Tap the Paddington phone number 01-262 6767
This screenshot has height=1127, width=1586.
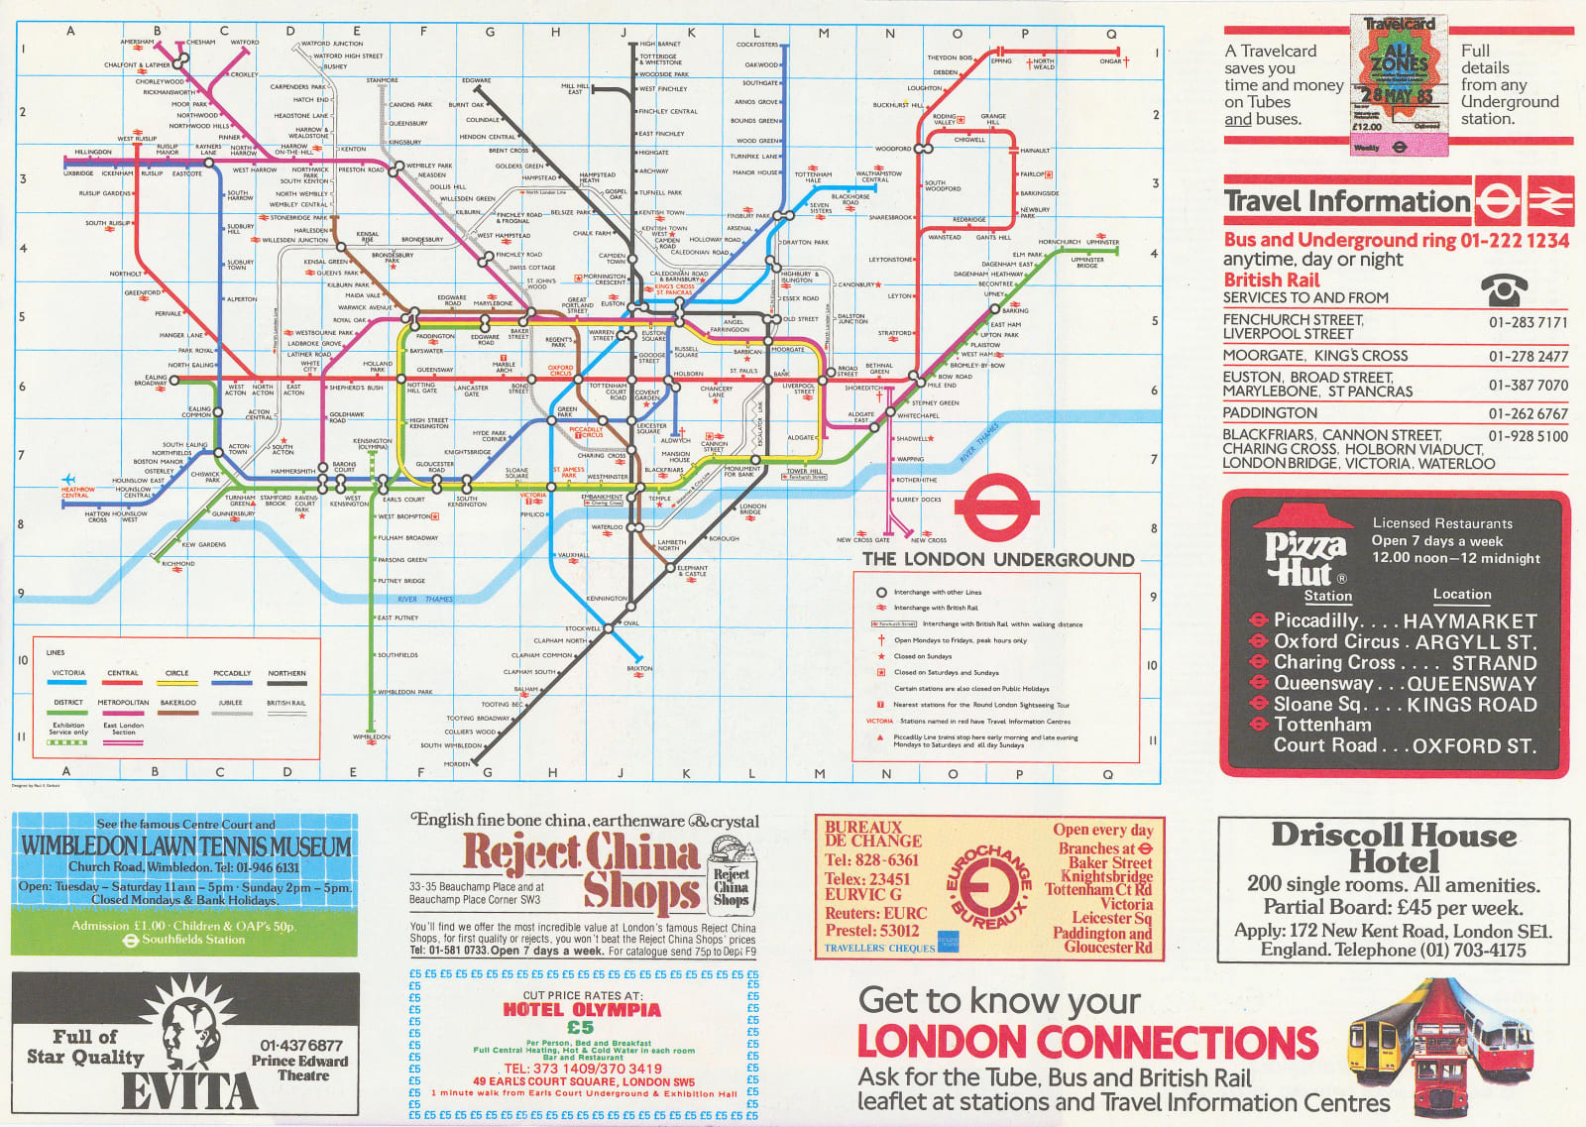(1528, 413)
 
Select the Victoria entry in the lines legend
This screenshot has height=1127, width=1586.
(68, 674)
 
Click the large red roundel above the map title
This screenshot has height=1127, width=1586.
(996, 508)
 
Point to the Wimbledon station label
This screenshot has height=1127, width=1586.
(372, 737)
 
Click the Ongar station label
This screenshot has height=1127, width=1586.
(1110, 61)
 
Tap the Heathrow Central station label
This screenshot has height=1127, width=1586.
(77, 492)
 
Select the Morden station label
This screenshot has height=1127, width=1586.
(457, 764)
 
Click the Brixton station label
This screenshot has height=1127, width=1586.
(640, 669)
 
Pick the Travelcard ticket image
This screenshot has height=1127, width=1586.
(1399, 85)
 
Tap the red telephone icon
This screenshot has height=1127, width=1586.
(1504, 289)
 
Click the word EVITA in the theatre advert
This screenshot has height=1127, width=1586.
(189, 1090)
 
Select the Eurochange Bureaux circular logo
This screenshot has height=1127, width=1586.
(988, 885)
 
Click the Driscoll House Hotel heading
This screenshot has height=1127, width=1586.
(1394, 847)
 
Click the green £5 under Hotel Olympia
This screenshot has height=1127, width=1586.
(580, 1027)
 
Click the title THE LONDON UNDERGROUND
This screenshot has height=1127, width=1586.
(997, 560)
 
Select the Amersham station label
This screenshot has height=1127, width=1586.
(137, 43)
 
